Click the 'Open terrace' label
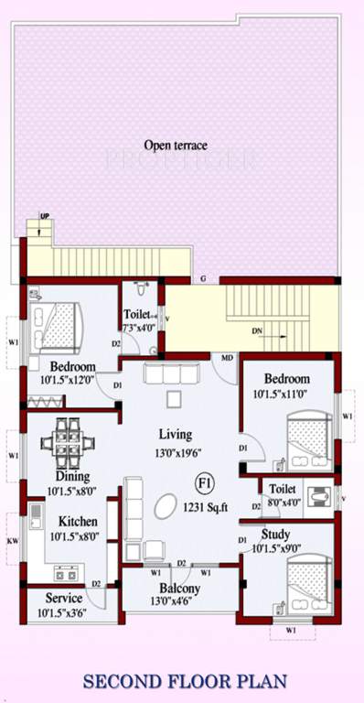[176, 144]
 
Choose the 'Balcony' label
[179, 589]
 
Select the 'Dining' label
[70, 476]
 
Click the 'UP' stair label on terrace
[45, 217]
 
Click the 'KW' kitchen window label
[12, 541]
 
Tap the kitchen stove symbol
[67, 574]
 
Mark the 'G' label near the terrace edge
[204, 277]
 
